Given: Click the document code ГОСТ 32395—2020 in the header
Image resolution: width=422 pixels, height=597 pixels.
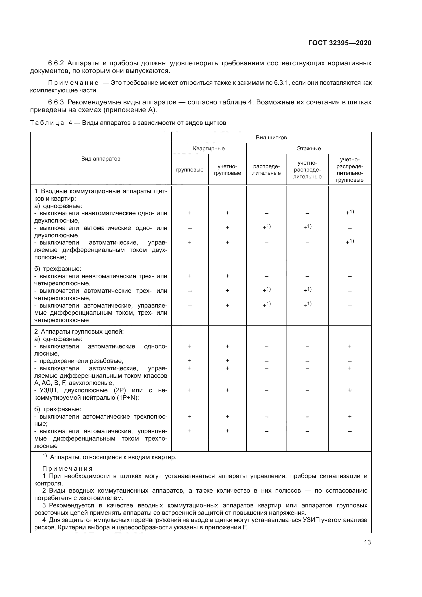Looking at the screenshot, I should pos(340,43).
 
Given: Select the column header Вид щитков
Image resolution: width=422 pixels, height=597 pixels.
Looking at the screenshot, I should pos(271,138).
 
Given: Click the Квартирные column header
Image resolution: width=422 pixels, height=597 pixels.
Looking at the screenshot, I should pos(209,149).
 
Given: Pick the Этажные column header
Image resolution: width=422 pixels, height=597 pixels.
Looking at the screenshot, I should pos(309,149).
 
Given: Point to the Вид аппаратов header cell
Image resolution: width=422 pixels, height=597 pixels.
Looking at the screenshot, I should pos(101,159).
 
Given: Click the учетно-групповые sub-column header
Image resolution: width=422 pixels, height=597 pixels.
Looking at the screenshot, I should pos(227,169).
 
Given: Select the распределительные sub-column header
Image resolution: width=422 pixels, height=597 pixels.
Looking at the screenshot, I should pos(266,169).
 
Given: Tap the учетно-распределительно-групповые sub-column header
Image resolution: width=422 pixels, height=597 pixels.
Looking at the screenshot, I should pos(350,169).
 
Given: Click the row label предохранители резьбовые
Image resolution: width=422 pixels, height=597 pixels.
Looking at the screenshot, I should pos(81,361).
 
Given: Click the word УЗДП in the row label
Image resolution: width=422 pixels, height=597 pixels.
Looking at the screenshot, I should pos(47,390).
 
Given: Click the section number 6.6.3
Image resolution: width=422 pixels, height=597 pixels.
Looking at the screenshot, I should pos(56,102).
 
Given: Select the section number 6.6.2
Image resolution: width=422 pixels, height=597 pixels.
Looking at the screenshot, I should pos(56,63).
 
